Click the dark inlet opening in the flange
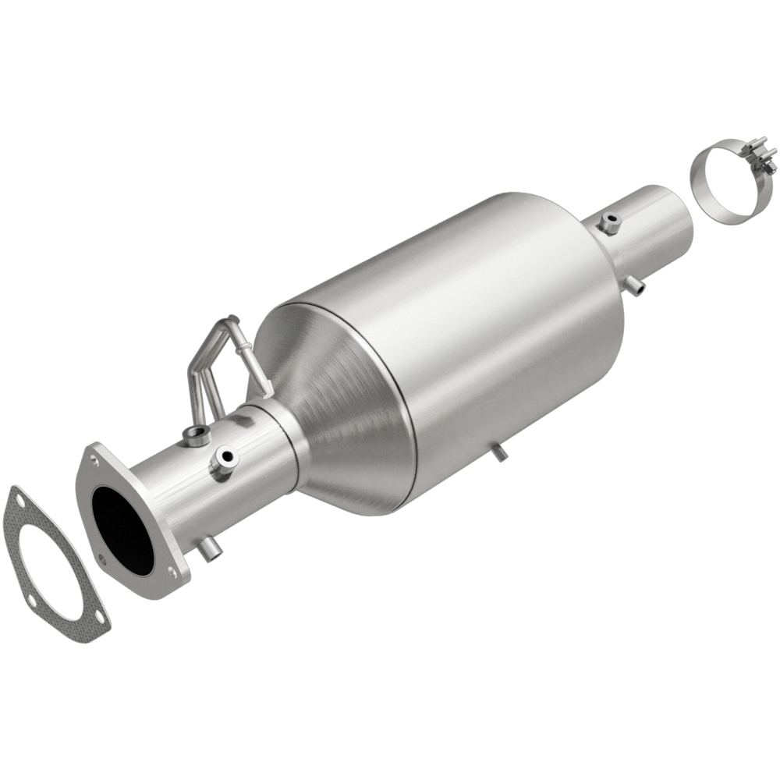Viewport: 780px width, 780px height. [123, 530]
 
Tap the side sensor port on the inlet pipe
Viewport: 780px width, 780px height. [222, 462]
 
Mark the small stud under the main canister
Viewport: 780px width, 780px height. [498, 452]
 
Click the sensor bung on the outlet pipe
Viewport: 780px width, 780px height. [609, 224]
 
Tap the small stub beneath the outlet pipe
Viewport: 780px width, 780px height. [637, 286]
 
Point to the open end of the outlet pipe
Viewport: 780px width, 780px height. [677, 218]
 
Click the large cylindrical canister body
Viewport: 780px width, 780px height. [468, 328]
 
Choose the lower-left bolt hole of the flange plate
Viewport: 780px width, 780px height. [102, 558]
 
